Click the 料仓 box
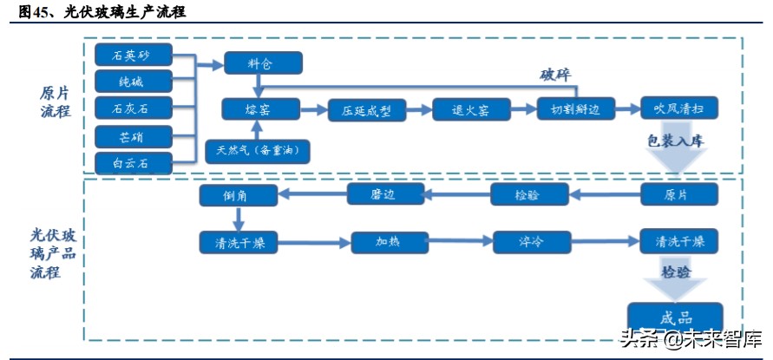coord(263,62)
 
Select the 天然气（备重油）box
coord(258,150)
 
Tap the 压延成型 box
coord(367,109)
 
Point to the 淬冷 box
coord(532,242)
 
